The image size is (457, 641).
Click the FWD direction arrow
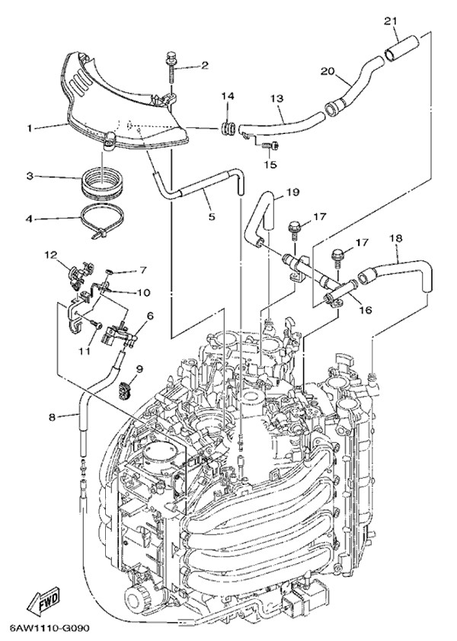[43, 600]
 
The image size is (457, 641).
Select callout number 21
[391, 21]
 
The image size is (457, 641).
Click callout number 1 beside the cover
[30, 128]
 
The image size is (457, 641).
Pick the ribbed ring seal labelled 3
[103, 181]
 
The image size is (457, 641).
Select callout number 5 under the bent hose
[212, 216]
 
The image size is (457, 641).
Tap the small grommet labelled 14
[227, 129]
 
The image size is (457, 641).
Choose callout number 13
[277, 99]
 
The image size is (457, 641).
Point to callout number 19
[293, 191]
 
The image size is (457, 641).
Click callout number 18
[396, 238]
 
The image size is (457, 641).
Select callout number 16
[366, 310]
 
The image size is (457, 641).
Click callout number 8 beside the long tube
[52, 418]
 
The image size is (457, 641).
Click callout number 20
[327, 71]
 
